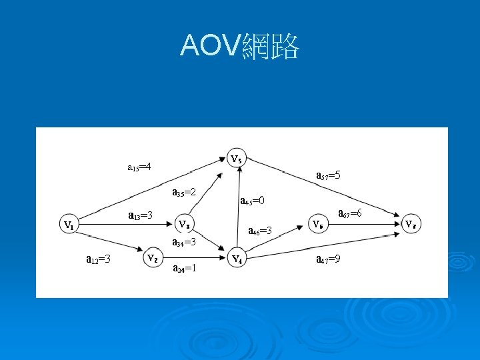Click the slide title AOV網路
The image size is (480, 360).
[x=240, y=46]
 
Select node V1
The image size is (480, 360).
[x=68, y=225]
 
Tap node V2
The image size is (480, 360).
[x=153, y=257]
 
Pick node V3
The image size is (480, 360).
[x=186, y=223]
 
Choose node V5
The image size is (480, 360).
[x=236, y=159]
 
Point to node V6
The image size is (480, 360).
[x=318, y=223]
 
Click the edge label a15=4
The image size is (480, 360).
[x=139, y=166]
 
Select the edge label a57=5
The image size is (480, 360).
[x=329, y=175]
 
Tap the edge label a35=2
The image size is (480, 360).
[x=183, y=193]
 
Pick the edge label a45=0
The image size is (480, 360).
[x=252, y=200]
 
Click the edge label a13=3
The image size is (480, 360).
[x=141, y=215]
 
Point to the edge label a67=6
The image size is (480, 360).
[x=350, y=213]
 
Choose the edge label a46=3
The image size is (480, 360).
[x=259, y=231]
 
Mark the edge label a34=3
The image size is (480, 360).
[x=183, y=242]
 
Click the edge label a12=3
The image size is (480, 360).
[x=99, y=258]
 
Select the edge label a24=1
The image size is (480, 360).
[x=183, y=269]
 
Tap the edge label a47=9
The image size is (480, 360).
[x=329, y=259]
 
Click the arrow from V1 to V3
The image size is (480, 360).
[x=123, y=225]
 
